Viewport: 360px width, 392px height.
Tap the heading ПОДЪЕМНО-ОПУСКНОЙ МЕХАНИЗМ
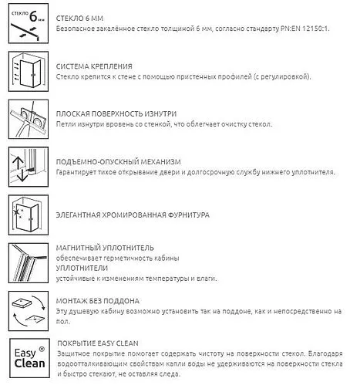(x=119, y=161)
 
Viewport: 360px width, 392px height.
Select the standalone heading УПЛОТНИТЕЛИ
(x=82, y=267)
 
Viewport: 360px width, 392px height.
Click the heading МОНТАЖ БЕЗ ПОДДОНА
(x=98, y=300)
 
